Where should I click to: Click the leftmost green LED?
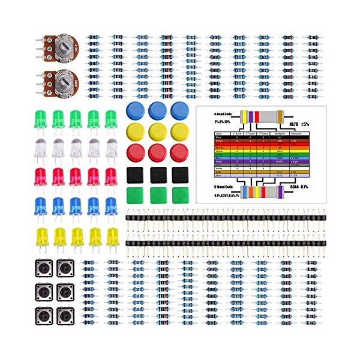click(x=40, y=118)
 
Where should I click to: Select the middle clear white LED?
click(x=76, y=148)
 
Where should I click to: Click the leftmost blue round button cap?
click(x=136, y=110)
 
